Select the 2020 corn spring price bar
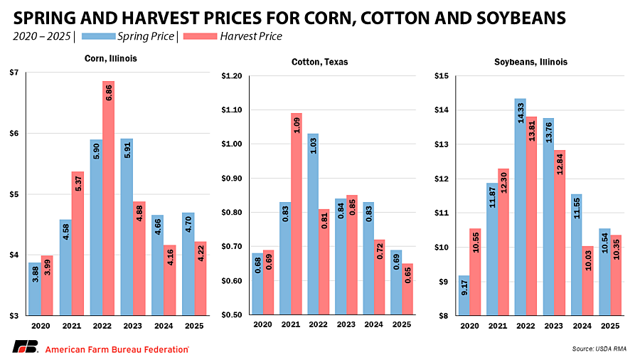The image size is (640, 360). click(35, 289)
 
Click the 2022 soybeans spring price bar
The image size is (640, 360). click(521, 207)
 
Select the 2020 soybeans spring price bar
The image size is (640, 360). click(465, 295)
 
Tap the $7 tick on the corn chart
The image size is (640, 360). click(15, 73)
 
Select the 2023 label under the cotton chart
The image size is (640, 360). click(346, 324)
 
